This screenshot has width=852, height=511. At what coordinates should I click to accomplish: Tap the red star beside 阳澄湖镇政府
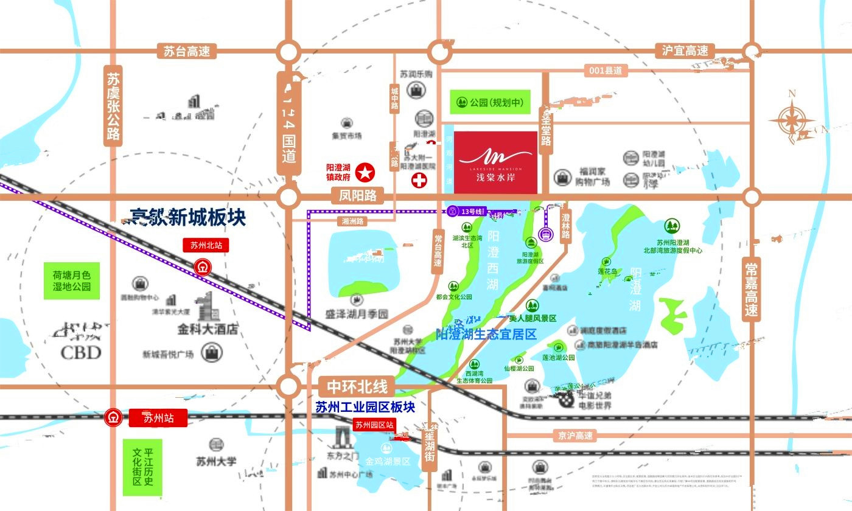pos(365,173)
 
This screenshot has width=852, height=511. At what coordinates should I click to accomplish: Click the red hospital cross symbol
pos(419,180)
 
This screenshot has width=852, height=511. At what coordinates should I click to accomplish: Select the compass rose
pos(792,118)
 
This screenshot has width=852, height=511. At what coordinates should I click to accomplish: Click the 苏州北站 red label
pos(206,246)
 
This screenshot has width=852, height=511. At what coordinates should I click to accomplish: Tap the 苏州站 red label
pos(158,418)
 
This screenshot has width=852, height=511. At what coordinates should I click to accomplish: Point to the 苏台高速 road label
pos(187,51)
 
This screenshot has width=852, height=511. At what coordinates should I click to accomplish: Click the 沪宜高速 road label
pos(685,51)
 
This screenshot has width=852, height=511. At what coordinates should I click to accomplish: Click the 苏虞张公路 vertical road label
pos(113,106)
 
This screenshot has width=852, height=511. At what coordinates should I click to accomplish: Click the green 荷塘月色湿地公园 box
pos(71,280)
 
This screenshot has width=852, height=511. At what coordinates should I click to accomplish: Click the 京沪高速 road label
pos(575,436)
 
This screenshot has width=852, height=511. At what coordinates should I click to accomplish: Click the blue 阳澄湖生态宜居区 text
pos(486,334)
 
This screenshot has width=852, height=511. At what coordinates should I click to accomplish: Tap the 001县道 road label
pos(606,71)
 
